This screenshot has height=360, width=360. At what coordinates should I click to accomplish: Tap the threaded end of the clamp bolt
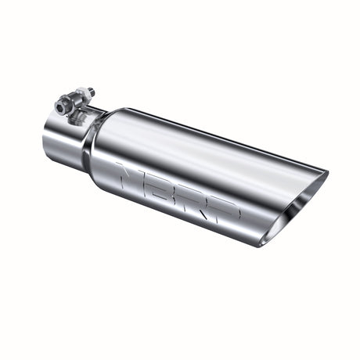pos(91,93)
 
